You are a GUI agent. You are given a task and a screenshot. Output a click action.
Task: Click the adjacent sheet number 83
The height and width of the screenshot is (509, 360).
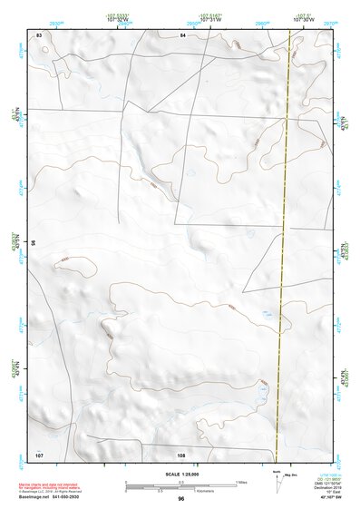point(39,34)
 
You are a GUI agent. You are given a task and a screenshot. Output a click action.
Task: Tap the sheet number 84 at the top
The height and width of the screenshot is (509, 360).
point(182,34)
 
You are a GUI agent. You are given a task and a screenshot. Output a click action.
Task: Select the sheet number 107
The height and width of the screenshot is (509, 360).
point(39,453)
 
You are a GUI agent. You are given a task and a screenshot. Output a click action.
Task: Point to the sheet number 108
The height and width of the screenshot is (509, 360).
point(181,453)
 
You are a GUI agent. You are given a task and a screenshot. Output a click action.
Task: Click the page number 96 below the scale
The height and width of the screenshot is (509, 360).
point(181,499)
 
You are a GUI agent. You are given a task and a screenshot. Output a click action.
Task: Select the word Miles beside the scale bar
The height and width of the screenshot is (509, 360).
point(242,481)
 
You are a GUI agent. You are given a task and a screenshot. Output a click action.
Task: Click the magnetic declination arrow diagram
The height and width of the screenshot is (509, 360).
point(277,483)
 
